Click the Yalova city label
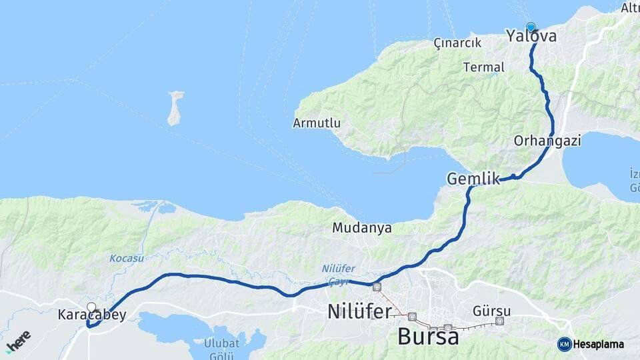[531, 37]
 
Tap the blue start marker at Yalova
[531, 27]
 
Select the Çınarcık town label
[457, 43]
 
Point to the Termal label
[479, 67]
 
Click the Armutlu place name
[317, 123]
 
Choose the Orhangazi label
[547, 141]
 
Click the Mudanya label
[362, 228]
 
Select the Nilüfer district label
[359, 311]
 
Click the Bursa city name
[428, 337]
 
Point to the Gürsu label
[491, 311]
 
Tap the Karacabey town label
[92, 315]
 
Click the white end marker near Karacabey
[91, 307]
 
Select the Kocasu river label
[126, 257]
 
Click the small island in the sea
[175, 109]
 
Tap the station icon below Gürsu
[500, 321]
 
